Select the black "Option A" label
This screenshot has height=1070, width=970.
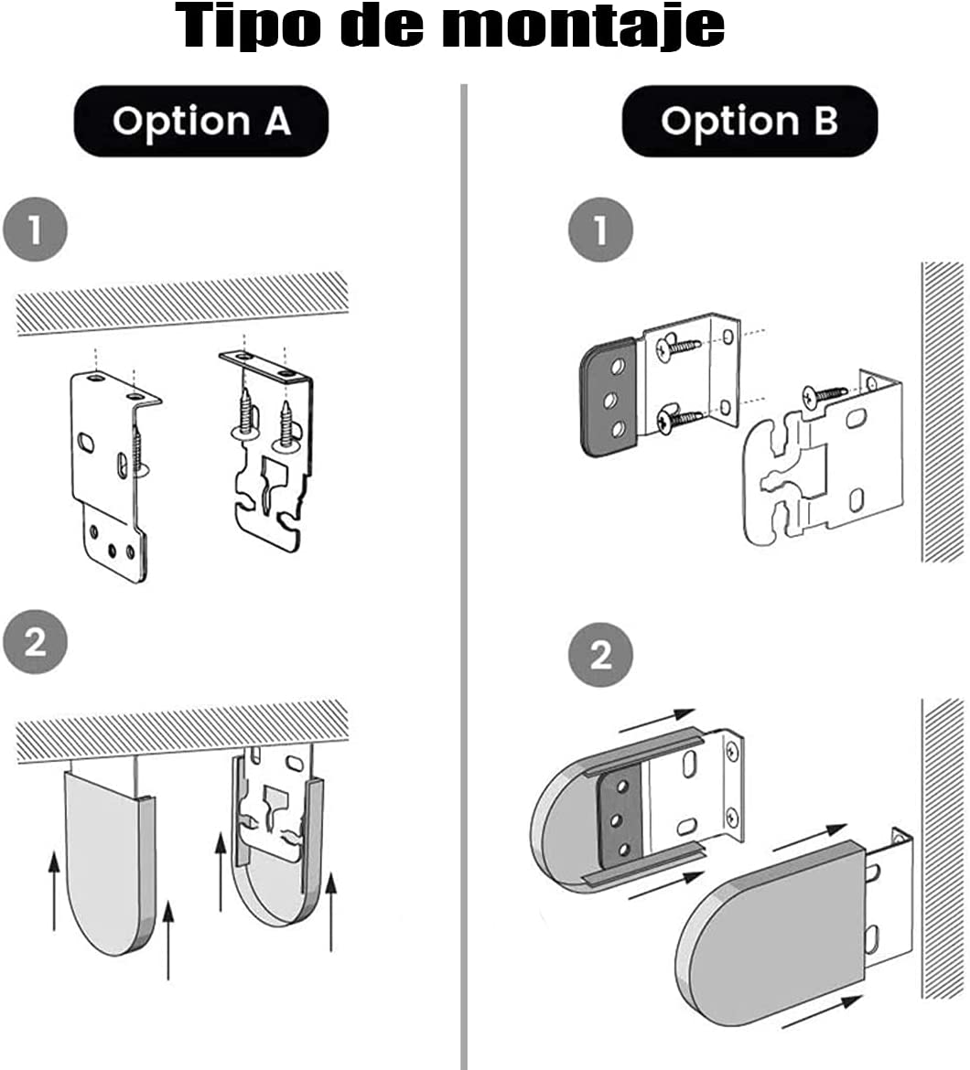[201, 122]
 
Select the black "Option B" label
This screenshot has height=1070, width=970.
[749, 122]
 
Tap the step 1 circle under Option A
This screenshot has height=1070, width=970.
[36, 230]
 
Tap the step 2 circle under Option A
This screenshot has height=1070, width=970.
[36, 642]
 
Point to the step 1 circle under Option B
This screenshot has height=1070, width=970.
[600, 230]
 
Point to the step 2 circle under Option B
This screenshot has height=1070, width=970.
[600, 655]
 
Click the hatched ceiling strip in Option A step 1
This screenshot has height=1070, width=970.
[183, 302]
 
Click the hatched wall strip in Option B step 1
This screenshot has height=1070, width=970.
[943, 412]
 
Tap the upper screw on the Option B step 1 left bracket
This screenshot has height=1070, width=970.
[677, 347]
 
